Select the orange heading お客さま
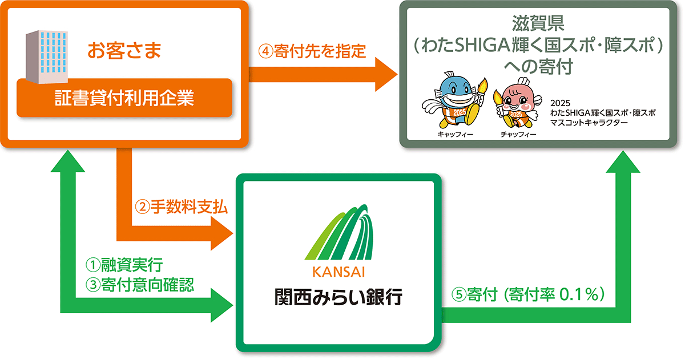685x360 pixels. pos(124,50)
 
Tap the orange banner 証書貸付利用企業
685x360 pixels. pos(124,98)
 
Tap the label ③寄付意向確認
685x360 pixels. pos(140,284)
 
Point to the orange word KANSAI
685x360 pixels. pos(339,270)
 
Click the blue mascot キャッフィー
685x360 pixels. pos(454,103)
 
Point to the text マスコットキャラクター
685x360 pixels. pos(589,123)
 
